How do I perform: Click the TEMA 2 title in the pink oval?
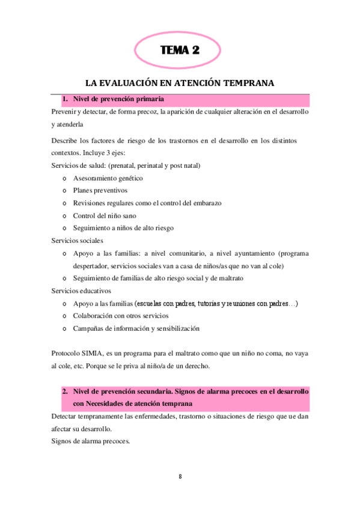point(180,51)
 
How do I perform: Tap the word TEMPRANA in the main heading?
point(248,83)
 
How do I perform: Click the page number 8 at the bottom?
point(180,477)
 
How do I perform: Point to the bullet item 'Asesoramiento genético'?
point(108,178)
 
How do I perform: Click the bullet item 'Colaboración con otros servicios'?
point(121,315)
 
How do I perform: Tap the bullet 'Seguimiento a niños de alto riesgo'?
point(123,228)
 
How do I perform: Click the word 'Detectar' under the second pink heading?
point(65,416)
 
